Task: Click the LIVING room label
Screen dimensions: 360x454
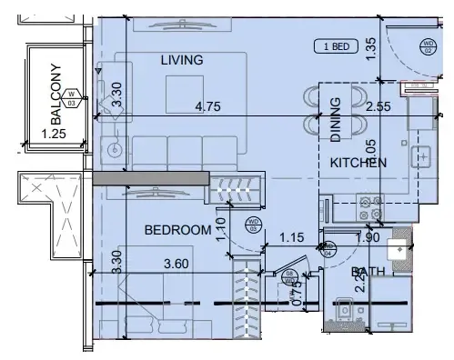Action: [181, 60]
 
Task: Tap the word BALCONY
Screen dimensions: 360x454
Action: [56, 95]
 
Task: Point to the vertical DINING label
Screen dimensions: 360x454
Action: [335, 119]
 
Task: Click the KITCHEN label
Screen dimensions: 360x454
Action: [358, 163]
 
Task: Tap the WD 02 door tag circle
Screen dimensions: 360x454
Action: [428, 45]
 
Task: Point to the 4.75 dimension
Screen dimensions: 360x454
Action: [211, 106]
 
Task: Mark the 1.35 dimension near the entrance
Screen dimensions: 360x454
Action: [370, 47]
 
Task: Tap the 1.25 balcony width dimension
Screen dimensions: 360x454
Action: [56, 135]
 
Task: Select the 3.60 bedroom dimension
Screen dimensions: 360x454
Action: [177, 264]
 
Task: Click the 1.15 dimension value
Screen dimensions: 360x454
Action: [290, 238]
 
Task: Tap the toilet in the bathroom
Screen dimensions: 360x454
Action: [346, 312]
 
